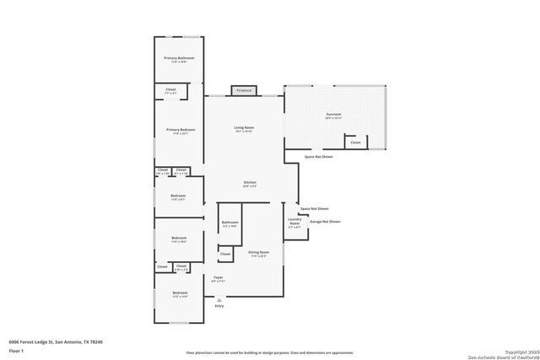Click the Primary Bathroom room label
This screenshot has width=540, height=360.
(178, 59)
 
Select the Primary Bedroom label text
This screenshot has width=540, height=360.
(178, 131)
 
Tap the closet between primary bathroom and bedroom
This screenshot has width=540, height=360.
(170, 90)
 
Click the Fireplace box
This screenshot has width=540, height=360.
(244, 90)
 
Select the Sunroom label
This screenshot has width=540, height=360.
(333, 116)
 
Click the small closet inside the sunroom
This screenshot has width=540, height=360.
(355, 142)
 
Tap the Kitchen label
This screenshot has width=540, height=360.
(250, 184)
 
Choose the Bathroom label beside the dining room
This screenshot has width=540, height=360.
(229, 224)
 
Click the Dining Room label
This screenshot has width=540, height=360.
(257, 254)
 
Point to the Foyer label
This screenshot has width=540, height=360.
(218, 278)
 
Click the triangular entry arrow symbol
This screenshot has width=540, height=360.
(219, 299)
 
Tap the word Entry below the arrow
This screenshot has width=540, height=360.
(219, 306)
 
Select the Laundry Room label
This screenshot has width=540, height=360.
(294, 223)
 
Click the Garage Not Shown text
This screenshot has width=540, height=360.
(325, 222)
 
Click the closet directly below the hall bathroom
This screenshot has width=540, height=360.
(225, 253)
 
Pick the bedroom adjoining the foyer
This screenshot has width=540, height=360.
(178, 294)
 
